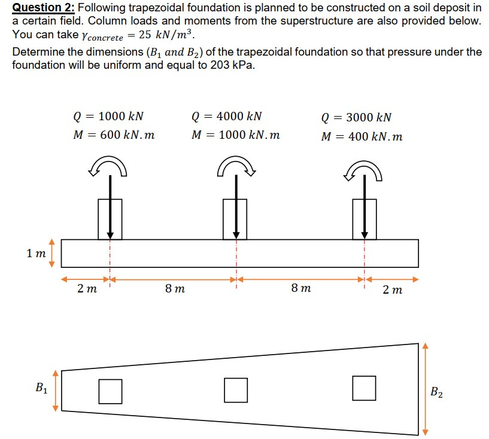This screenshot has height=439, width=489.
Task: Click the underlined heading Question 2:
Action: pyautogui.click(x=43, y=8)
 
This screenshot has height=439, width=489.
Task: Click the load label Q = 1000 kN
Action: pyautogui.click(x=108, y=116)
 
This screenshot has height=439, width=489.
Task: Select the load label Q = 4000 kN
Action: pyautogui.click(x=226, y=116)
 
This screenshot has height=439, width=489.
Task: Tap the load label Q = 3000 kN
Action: pyautogui.click(x=356, y=117)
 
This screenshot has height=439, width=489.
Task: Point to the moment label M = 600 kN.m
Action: pyautogui.click(x=114, y=135)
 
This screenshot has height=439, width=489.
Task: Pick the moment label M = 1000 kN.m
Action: pyautogui.click(x=235, y=135)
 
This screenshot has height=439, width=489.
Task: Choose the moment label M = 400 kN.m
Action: pyautogui.click(x=362, y=136)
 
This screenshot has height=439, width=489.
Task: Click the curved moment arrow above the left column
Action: pyautogui.click(x=108, y=168)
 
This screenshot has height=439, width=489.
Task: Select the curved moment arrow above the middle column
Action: pyautogui.click(x=236, y=167)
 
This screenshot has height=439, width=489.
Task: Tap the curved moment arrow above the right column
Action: pyautogui.click(x=364, y=168)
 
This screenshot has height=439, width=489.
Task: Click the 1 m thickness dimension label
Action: pyautogui.click(x=36, y=254)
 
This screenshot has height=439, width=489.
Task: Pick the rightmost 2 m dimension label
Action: pyautogui.click(x=392, y=290)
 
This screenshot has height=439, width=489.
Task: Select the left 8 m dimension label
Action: pyautogui.click(x=175, y=289)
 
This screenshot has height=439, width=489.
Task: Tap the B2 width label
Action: pyautogui.click(x=438, y=392)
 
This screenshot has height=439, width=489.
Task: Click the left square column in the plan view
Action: pyautogui.click(x=110, y=391)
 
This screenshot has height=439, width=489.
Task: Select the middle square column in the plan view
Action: pyautogui.click(x=236, y=389)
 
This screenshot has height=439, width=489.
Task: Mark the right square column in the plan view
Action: pyautogui.click(x=364, y=388)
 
